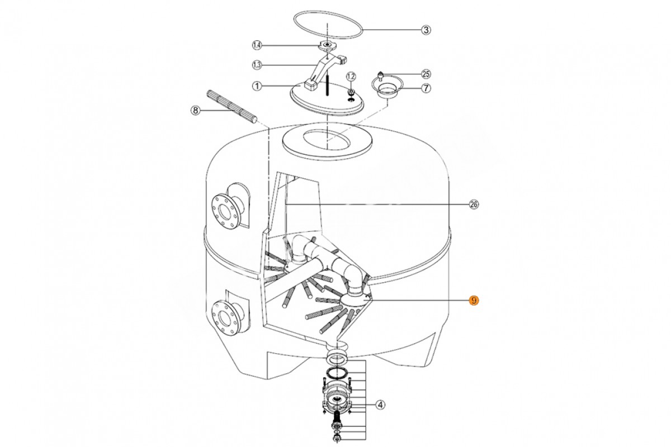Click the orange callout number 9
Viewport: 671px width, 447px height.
(x=474, y=300)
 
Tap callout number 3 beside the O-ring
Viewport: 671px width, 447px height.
(x=426, y=30)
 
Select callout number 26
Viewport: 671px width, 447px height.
(x=474, y=205)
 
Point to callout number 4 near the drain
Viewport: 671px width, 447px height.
(x=380, y=405)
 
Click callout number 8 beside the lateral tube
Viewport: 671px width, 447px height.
(x=195, y=111)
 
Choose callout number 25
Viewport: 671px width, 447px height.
(x=426, y=74)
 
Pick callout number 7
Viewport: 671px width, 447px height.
(x=426, y=88)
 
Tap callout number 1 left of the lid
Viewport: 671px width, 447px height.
(x=257, y=86)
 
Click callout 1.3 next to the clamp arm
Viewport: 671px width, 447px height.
(x=257, y=65)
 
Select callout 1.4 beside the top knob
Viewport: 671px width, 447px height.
(x=257, y=45)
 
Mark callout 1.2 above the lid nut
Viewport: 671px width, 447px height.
(x=351, y=77)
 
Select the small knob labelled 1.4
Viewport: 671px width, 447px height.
(x=328, y=46)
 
